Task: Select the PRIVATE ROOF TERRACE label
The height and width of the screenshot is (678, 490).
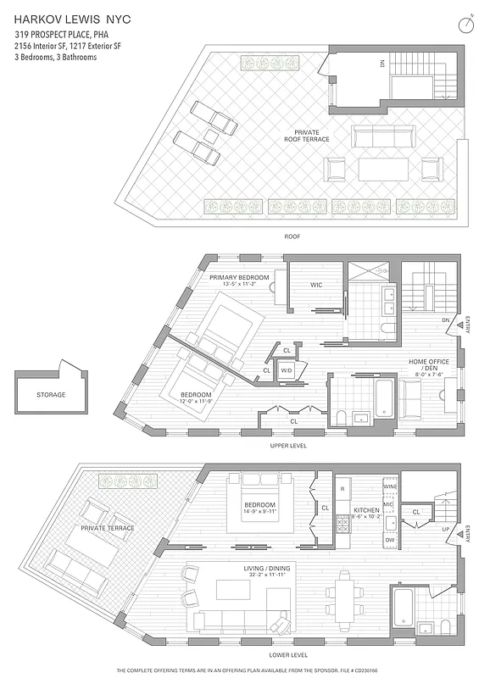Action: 312,136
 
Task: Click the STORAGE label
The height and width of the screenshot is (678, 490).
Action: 51,395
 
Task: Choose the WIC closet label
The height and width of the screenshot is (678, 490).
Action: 315,284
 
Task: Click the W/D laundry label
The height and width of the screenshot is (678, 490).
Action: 287,370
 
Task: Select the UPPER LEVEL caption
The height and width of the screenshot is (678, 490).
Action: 287,446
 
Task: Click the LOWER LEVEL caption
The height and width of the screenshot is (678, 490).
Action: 287,655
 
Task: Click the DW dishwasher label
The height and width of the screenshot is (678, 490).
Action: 389,540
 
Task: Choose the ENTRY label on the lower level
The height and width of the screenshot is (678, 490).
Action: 469,533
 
